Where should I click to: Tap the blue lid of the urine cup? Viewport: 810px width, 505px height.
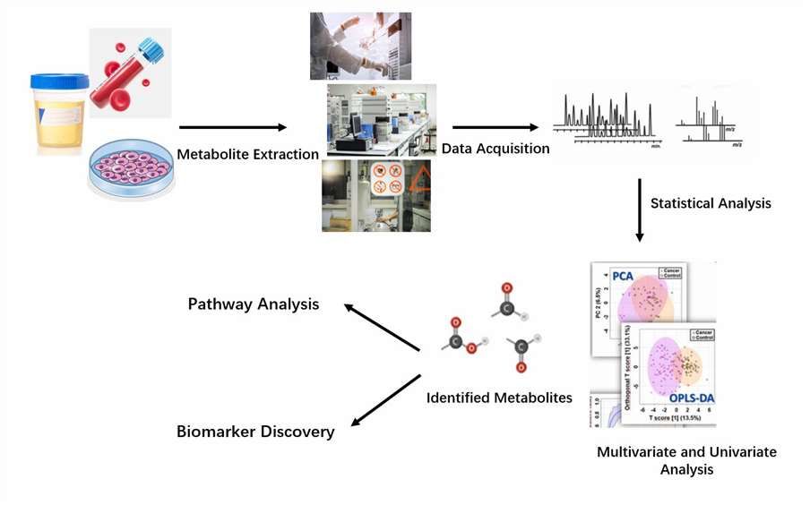(59, 81)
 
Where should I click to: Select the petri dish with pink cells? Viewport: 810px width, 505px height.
(130, 167)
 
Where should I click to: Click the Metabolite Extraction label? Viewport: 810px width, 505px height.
(247, 154)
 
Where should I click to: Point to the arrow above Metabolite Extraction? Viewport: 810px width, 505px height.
(231, 128)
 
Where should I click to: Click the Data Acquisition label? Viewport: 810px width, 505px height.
(495, 149)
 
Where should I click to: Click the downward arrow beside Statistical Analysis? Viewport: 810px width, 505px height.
(640, 211)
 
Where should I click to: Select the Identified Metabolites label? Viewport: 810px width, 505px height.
(499, 398)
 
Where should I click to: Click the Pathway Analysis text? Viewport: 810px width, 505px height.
(253, 304)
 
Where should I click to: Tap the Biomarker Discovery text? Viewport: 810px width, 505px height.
(254, 432)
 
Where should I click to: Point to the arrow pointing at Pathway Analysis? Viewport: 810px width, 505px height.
(382, 328)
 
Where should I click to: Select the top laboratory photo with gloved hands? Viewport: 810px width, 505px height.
(360, 45)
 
